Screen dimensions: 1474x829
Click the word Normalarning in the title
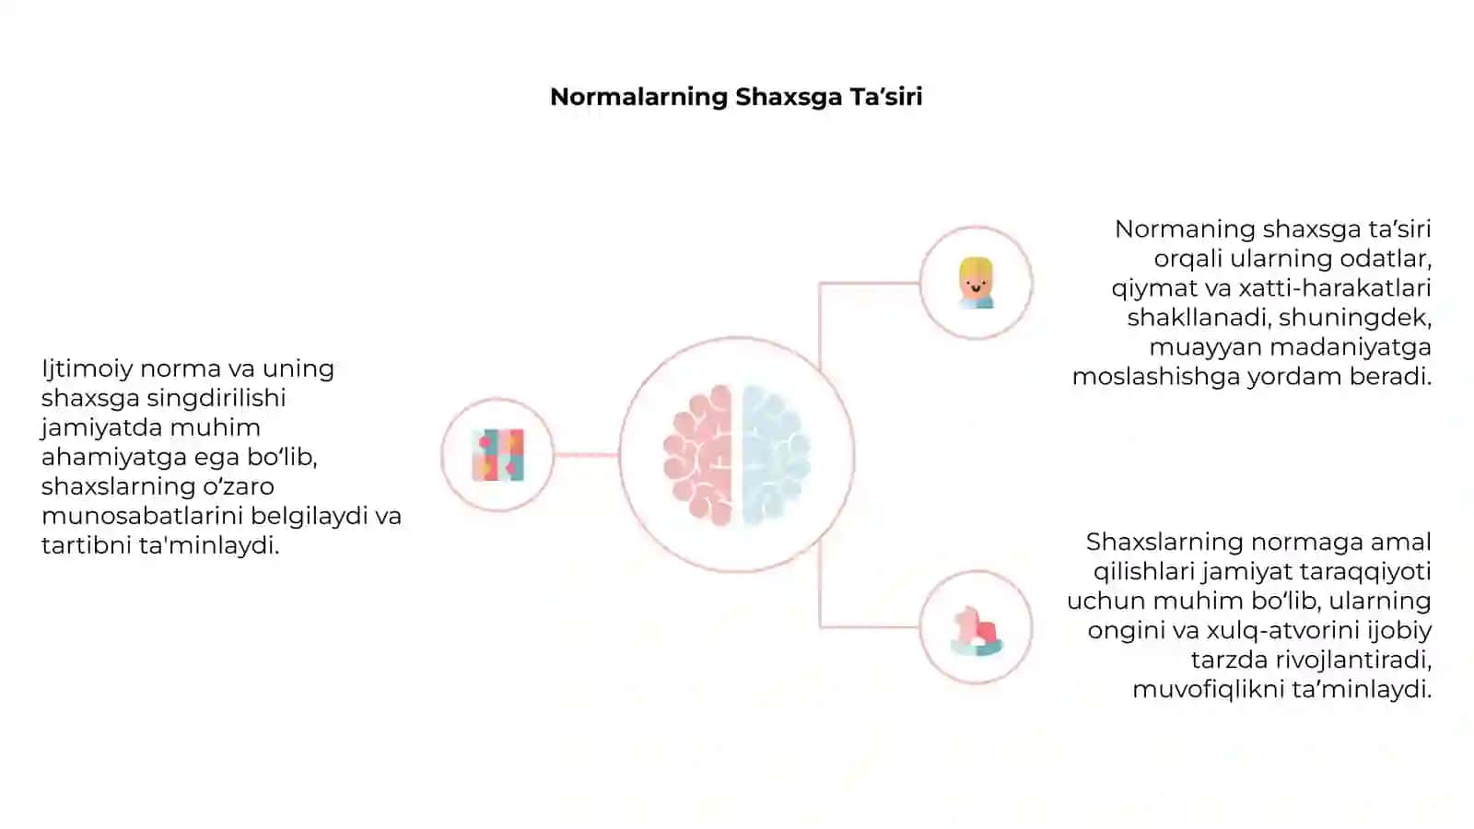(x=639, y=98)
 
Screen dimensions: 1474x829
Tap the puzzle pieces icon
(x=498, y=455)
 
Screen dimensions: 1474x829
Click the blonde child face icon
(x=976, y=283)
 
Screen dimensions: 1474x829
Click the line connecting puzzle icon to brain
(x=586, y=455)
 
